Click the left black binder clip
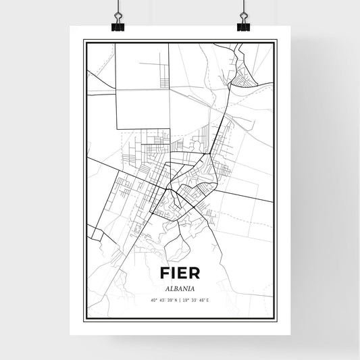coord(118,25)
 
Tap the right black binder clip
coord(243,25)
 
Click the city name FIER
coord(180,273)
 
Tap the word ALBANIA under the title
coord(180,286)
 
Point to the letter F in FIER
coord(164,273)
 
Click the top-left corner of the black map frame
coord(84,41)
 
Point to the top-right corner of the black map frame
coord(276,41)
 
